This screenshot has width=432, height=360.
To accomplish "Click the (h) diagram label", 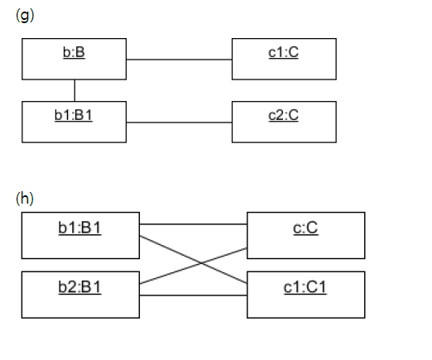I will click(25, 198).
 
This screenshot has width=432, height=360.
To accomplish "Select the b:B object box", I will click(74, 59).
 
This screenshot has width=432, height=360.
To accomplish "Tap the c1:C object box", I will click(284, 59).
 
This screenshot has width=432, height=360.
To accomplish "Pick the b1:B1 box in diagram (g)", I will click(74, 122).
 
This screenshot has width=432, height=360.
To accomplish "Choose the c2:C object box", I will click(284, 122).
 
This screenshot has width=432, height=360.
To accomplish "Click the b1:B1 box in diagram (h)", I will click(79, 234).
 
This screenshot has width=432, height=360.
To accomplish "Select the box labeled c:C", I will click(305, 234).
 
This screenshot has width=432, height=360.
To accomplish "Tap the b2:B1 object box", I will click(79, 294).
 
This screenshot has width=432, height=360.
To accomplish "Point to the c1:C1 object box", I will click(305, 294).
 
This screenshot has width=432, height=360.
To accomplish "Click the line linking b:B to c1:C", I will click(180, 60).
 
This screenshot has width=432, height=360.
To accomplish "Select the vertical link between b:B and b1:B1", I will click(75, 90).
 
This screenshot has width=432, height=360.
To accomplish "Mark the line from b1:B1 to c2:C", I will click(180, 122).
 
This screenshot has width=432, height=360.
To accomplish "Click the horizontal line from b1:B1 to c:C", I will click(193, 224).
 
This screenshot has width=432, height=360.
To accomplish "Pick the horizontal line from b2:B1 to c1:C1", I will click(193, 295).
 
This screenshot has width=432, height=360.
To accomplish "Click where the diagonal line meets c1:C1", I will click(247, 285).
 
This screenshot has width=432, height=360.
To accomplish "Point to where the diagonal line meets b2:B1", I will click(140, 284).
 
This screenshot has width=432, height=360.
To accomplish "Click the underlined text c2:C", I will click(284, 115).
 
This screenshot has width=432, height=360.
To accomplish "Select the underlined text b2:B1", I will click(79, 287).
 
